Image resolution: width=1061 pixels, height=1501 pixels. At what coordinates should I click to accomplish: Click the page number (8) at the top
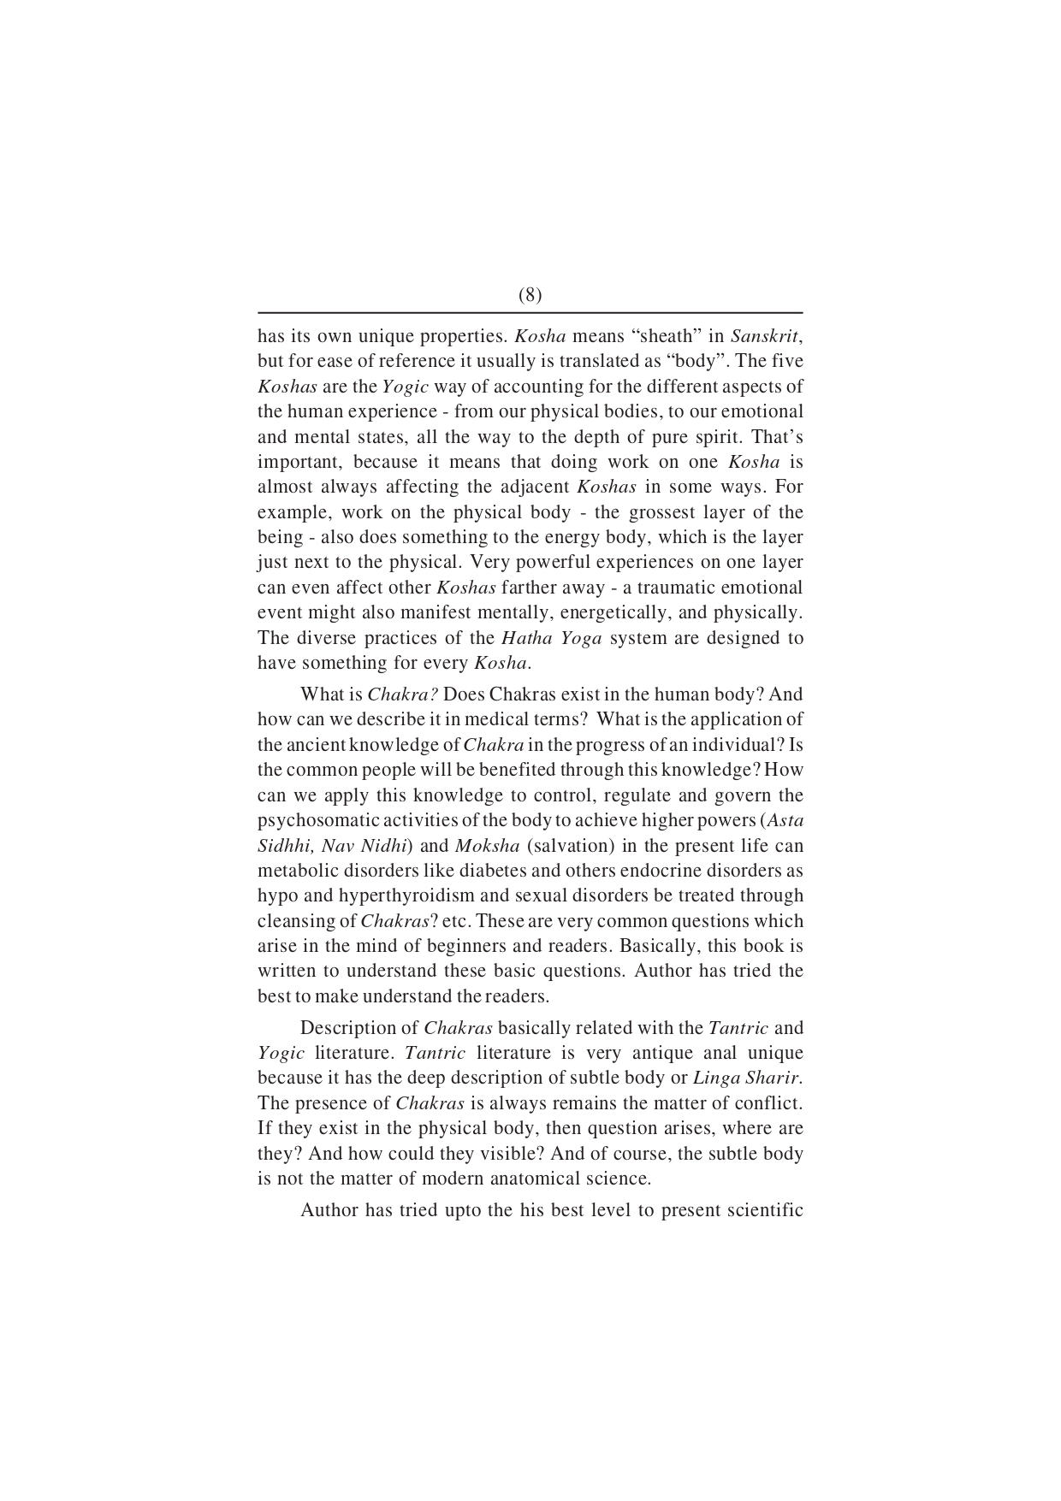[x=530, y=295]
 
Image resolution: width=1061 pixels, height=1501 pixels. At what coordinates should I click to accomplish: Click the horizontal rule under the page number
[x=530, y=313]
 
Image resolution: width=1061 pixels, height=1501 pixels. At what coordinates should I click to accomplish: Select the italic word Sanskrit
[x=765, y=336]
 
